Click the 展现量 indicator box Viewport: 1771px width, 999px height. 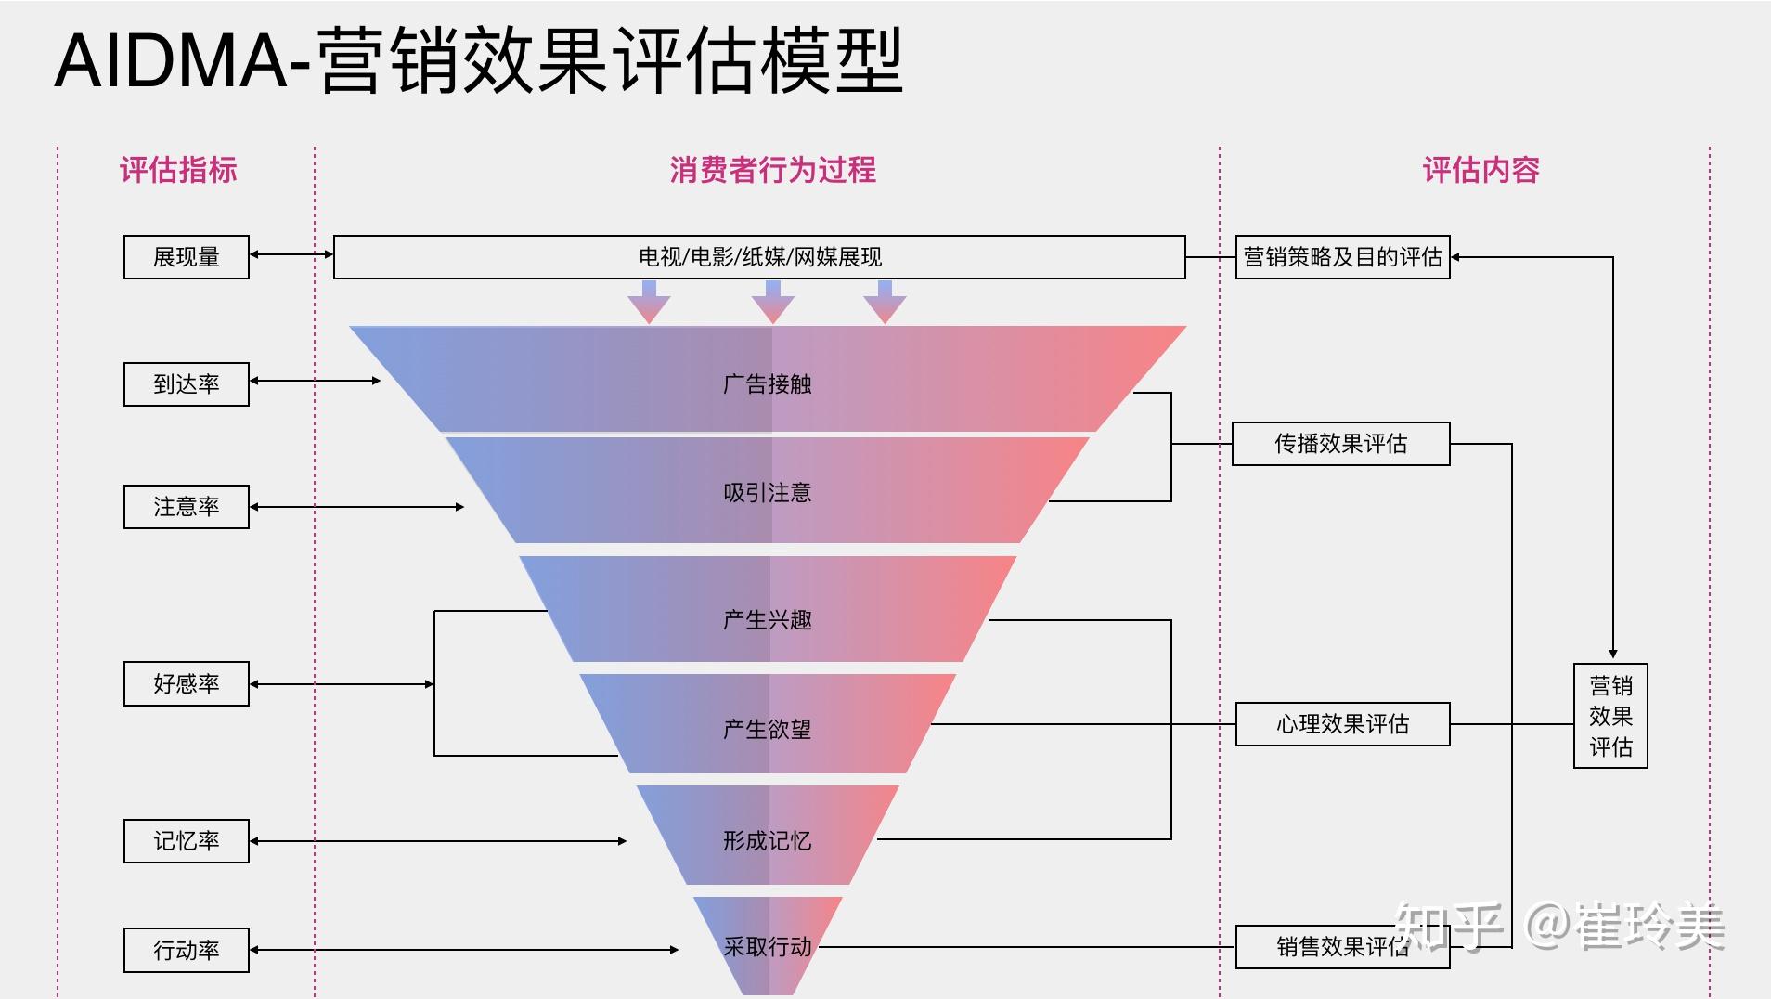click(x=187, y=257)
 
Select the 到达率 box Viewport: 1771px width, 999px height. click(x=187, y=384)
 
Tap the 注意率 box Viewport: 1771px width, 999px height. click(x=187, y=507)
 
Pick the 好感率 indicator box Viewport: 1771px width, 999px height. click(x=187, y=684)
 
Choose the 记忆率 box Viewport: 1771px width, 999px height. click(x=187, y=841)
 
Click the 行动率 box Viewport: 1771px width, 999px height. click(x=187, y=950)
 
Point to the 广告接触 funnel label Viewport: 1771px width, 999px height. click(x=767, y=384)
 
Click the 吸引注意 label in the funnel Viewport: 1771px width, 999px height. click(x=767, y=493)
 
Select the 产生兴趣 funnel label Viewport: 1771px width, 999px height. click(x=767, y=620)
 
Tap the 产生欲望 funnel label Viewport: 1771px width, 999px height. click(x=767, y=730)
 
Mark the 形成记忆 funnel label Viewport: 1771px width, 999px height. click(x=767, y=841)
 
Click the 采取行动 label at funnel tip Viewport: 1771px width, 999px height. click(x=767, y=947)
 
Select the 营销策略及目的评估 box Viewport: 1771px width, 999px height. click(x=1342, y=257)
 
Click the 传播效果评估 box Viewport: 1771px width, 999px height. click(x=1340, y=444)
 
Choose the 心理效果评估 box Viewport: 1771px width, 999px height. click(x=1342, y=724)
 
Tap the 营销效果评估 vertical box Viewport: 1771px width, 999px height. click(x=1610, y=716)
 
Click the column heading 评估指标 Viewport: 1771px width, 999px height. click(x=178, y=171)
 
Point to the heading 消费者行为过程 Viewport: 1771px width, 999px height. click(x=772, y=171)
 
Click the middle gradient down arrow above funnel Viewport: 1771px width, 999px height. click(x=772, y=302)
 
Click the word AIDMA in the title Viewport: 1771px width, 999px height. click(x=172, y=61)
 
